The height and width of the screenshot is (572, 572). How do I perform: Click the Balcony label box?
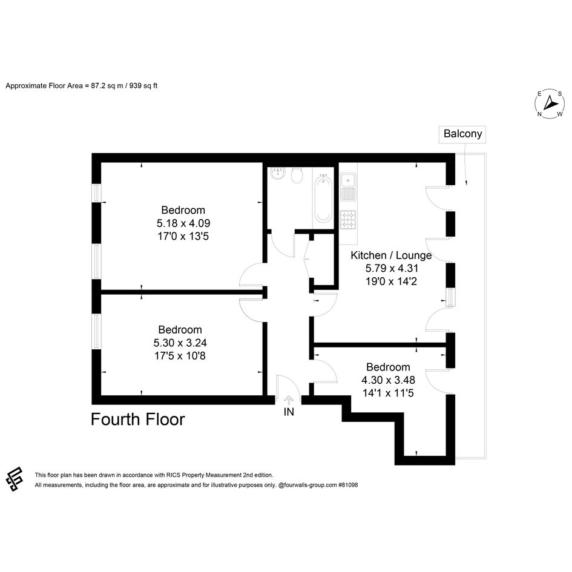pos(462,134)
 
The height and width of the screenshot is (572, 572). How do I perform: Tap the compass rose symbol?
pos(550,104)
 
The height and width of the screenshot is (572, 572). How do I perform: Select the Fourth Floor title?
pos(137,419)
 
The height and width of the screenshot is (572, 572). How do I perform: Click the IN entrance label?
pos(289,412)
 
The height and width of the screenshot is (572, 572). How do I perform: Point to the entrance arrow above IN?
pos(289,400)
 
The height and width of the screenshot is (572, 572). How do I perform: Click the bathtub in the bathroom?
pos(323,198)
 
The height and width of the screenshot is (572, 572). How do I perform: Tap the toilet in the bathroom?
pos(297,176)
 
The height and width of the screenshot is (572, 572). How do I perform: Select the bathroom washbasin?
pos(278,174)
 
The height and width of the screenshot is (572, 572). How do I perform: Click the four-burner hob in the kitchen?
pos(347,220)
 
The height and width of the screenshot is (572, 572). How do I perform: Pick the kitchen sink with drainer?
pos(347,187)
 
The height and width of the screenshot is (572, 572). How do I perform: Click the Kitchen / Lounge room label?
pos(391,255)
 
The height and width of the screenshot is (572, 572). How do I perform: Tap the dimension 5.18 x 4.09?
pos(183,223)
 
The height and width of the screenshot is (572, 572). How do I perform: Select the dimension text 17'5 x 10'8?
pos(180,356)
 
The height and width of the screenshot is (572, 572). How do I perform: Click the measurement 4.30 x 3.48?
pos(388,380)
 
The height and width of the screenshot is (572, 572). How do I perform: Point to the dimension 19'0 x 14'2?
pos(391,281)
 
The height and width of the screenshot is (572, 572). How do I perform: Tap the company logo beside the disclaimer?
pos(15,479)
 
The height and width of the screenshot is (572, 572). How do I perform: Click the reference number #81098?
pos(348,485)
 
